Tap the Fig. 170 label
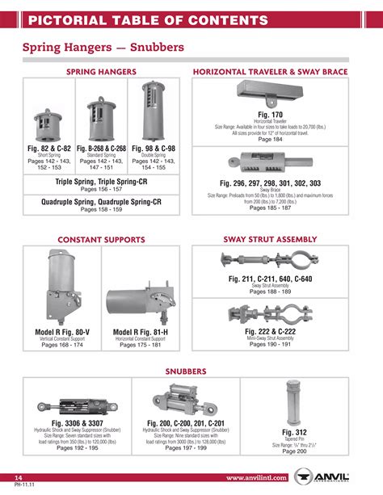pyautogui.click(x=270, y=115)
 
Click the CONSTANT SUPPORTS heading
pyautogui.click(x=101, y=240)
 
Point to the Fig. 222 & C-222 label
pyautogui.click(x=270, y=331)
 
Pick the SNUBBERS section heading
pyautogui.click(x=191, y=371)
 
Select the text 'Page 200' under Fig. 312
pyautogui.click(x=294, y=452)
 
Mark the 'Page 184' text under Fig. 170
pyautogui.click(x=270, y=140)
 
